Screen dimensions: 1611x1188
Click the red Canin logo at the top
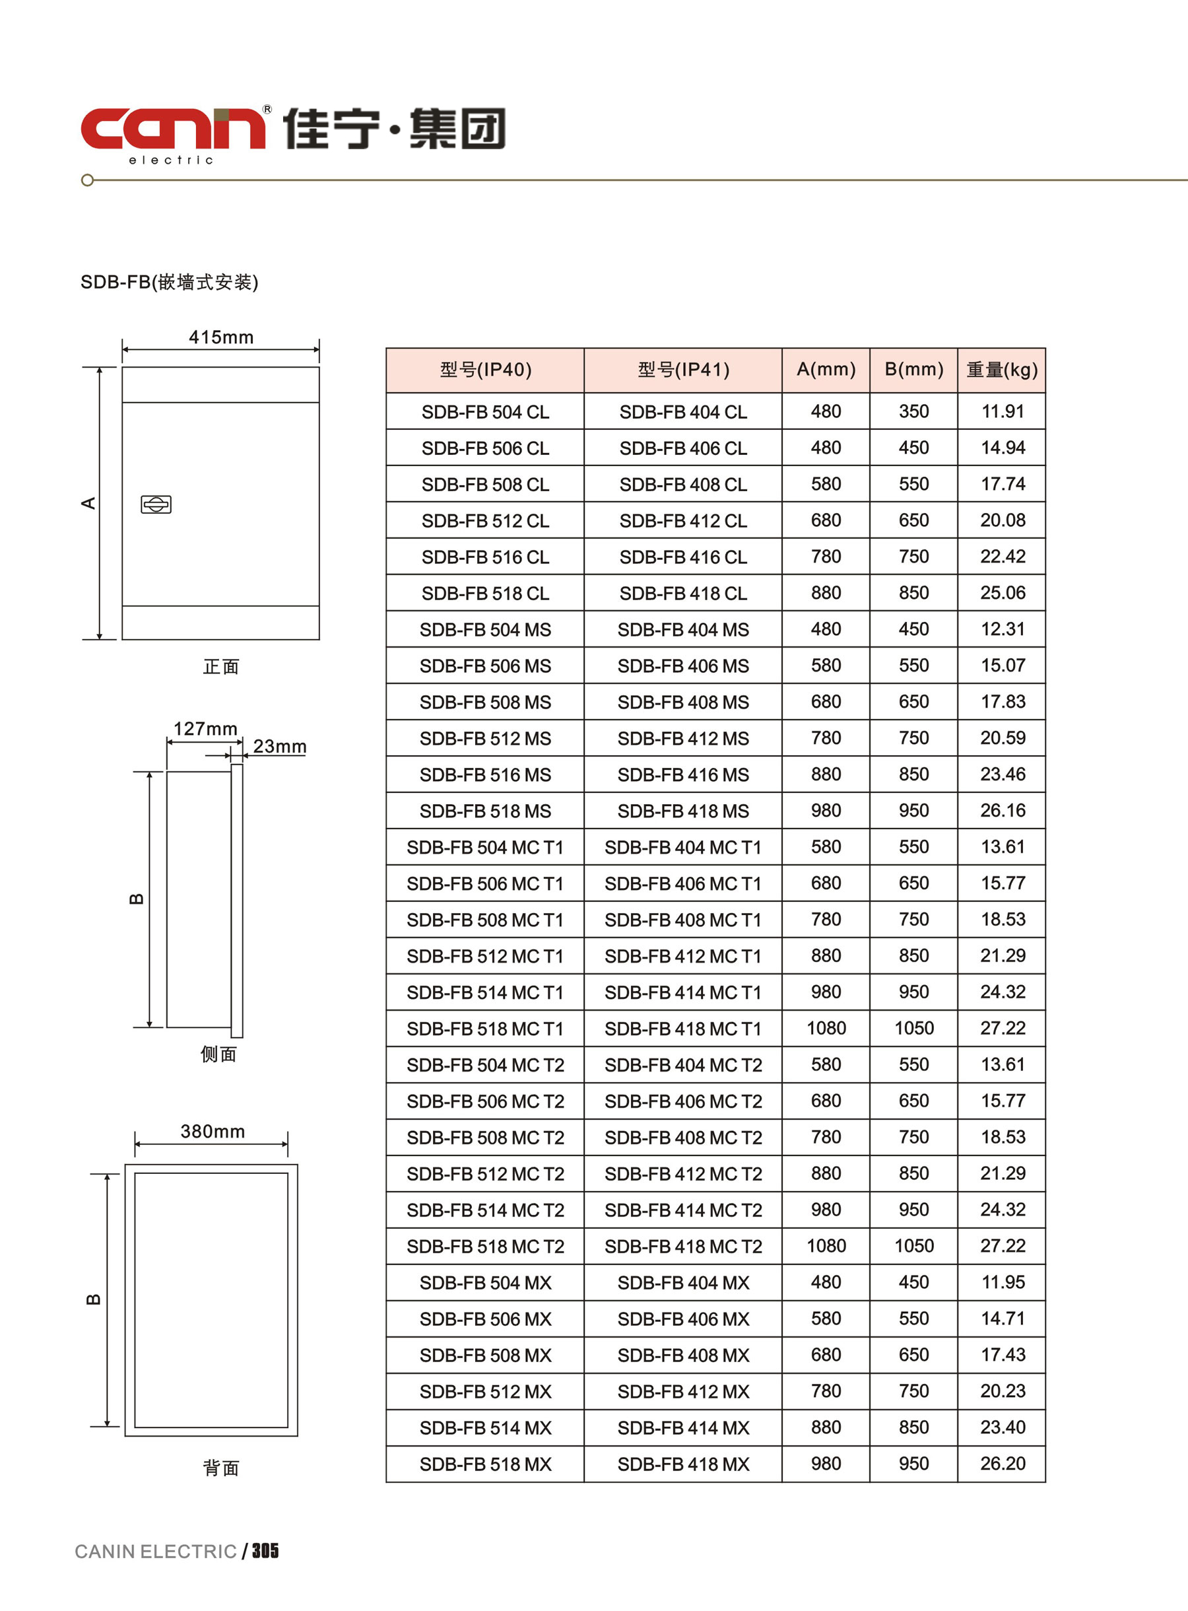(173, 129)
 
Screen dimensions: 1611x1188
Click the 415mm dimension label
(221, 337)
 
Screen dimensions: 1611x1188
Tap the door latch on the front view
(156, 504)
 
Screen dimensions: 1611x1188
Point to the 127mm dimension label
(205, 728)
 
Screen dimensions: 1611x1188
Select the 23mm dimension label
(280, 747)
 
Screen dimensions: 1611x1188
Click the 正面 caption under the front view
(221, 667)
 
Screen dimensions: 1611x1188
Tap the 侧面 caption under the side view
(218, 1054)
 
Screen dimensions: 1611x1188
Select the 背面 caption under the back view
(221, 1468)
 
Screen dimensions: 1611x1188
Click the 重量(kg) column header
(1002, 370)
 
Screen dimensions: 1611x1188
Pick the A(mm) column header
(826, 370)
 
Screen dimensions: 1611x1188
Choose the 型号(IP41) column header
(683, 370)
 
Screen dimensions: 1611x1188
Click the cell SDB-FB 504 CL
(485, 412)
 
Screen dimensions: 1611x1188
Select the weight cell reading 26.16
(1003, 811)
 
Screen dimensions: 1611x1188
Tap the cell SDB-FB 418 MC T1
(683, 1029)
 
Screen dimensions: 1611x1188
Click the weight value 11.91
(1003, 411)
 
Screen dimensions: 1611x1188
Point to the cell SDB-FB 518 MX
(485, 1464)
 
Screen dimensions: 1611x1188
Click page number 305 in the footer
(265, 1552)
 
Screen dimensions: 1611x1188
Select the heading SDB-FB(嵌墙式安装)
(169, 282)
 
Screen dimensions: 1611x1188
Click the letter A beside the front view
(88, 502)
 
